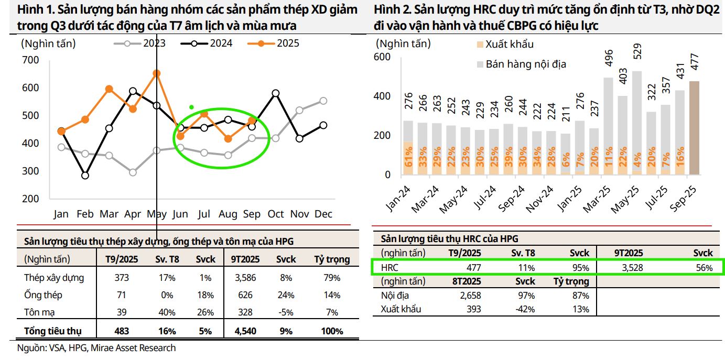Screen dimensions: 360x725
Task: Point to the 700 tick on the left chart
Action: pos(31,60)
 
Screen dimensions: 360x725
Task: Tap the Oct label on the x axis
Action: pos(276,214)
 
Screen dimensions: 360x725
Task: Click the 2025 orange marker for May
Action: pos(157,73)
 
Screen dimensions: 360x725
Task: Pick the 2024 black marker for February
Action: pos(85,176)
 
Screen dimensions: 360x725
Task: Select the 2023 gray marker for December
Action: pos(323,101)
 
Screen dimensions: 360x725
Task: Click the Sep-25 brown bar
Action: pos(694,128)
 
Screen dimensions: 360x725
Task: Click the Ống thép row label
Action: pos(43,295)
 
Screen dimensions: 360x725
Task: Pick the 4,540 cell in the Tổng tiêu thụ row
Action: pos(245,331)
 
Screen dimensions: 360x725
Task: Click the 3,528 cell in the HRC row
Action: pos(632,268)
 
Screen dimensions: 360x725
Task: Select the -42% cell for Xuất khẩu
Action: pos(525,309)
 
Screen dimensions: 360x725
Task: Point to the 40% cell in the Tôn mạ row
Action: pos(167,312)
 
